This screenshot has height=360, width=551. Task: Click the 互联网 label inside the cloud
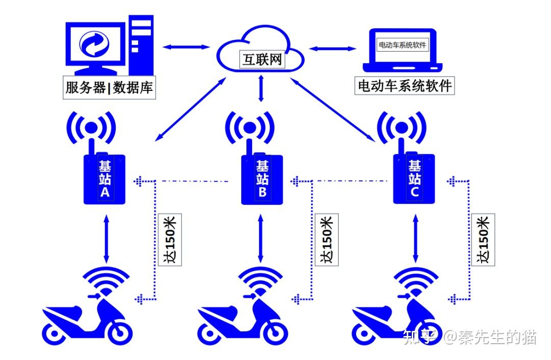tap(261, 60)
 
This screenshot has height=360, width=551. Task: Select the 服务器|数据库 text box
tap(109, 87)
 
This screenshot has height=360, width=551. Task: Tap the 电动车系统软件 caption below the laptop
tap(405, 86)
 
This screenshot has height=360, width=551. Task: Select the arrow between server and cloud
tap(186, 47)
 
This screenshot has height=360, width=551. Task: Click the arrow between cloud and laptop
tap(333, 49)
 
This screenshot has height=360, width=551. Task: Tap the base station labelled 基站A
tap(104, 179)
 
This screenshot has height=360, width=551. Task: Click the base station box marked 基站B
tap(262, 179)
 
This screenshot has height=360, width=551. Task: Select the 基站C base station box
tap(414, 179)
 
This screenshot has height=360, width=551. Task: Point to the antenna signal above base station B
tap(249, 128)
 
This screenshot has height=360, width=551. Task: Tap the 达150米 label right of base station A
tap(170, 239)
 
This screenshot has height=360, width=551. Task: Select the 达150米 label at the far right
tap(482, 239)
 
